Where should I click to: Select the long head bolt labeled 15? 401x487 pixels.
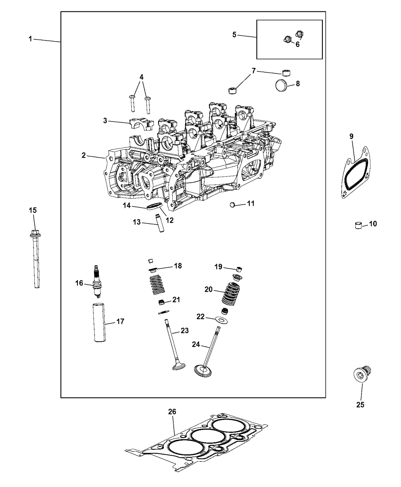pyautogui.click(x=35, y=260)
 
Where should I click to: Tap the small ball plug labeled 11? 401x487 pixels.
pyautogui.click(x=232, y=205)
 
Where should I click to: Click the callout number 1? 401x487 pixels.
pyautogui.click(x=30, y=39)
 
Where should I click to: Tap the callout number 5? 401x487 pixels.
pyautogui.click(x=234, y=35)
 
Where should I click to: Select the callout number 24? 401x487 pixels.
pyautogui.click(x=196, y=344)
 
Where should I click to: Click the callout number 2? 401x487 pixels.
pyautogui.click(x=84, y=155)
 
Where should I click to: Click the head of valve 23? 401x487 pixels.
pyautogui.click(x=178, y=367)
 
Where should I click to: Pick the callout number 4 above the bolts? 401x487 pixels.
pyautogui.click(x=142, y=77)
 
